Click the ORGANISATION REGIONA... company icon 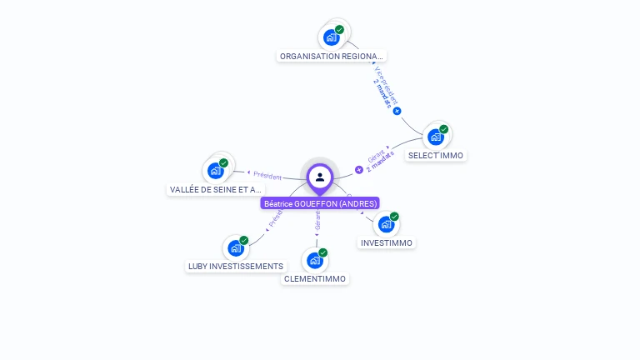[x=332, y=37]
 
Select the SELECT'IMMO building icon [x=435, y=137]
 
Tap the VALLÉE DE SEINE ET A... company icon [x=216, y=171]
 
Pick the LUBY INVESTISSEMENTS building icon [x=236, y=247]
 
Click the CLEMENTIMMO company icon [x=315, y=260]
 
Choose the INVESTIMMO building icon [x=385, y=224]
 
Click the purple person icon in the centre [x=320, y=177]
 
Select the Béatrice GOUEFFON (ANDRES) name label [x=320, y=203]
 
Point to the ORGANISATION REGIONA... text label [x=332, y=56]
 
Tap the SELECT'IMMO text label [x=436, y=155]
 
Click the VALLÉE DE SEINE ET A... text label [x=216, y=189]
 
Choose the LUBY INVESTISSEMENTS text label [x=236, y=266]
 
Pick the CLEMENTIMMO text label [x=315, y=278]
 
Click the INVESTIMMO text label [x=386, y=242]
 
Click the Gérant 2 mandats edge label [x=379, y=159]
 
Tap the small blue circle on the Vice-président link [x=397, y=111]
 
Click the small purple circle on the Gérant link [x=359, y=169]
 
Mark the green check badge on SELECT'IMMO [x=444, y=129]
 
